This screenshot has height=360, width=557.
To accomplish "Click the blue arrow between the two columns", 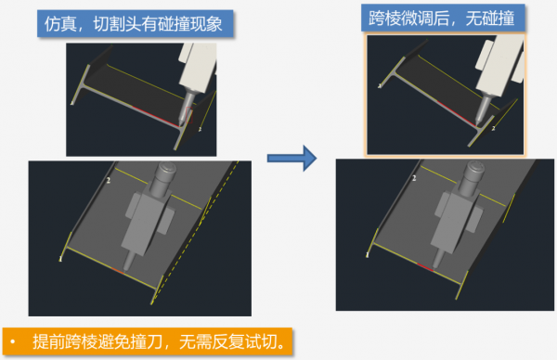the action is tap(292, 158).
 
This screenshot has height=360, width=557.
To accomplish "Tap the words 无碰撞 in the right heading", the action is tap(490, 19).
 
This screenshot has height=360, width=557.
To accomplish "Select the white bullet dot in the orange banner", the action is tap(14, 341).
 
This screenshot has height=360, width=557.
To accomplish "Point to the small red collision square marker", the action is tap(189, 115).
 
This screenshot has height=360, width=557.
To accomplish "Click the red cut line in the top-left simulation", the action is tap(156, 116).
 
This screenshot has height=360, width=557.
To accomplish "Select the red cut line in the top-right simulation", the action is tap(456, 113).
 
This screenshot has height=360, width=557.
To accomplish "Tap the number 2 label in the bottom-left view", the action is tap(109, 180).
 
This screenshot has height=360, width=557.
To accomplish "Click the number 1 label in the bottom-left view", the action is tap(60, 259).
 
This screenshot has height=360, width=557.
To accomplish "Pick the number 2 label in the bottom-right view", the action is tap(414, 178).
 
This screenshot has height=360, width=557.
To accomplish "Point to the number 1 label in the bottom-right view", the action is tap(368, 254).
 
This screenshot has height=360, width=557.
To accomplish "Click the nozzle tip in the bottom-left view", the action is tap(126, 269).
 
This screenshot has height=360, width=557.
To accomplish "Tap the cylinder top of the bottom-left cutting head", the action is tap(168, 168).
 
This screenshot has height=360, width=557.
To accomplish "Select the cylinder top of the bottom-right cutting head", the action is tap(475, 166).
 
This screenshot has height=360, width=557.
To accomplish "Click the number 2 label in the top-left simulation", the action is tap(200, 129).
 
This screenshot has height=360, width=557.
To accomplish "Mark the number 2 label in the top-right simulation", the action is tap(493, 129).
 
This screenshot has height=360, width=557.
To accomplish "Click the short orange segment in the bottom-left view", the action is tap(118, 271).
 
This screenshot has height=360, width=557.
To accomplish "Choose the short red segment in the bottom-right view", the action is tap(425, 267).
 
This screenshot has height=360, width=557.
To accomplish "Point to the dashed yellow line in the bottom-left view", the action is tap(195, 233).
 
